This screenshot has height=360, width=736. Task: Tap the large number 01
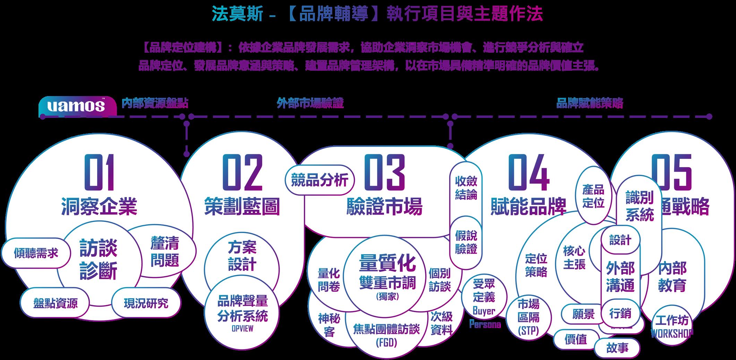99,172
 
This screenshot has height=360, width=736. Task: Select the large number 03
384,172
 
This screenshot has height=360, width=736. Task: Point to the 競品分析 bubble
319,180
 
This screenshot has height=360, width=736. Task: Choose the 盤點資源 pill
55,303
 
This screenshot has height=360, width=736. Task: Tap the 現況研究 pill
146,303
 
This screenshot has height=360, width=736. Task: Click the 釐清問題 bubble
164,251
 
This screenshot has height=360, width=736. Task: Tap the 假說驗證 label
466,242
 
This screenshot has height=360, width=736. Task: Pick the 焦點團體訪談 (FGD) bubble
386,335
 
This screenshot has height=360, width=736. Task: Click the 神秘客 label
329,325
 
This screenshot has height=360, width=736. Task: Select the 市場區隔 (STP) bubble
528,318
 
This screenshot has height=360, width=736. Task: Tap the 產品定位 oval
593,196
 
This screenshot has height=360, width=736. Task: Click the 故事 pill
617,348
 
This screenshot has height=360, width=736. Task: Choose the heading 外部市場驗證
310,103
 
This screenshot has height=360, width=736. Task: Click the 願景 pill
583,314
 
